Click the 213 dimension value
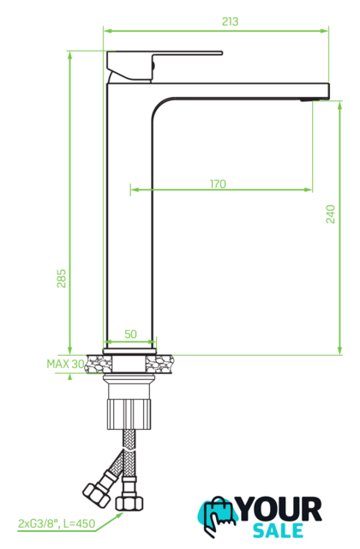(230, 21)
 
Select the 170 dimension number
(218, 184)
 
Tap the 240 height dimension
(330, 214)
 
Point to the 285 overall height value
(61, 278)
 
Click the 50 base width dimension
(130, 334)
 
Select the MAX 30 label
(65, 364)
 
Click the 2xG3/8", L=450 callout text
(57, 523)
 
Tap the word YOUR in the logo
(279, 510)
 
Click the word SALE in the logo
(278, 530)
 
